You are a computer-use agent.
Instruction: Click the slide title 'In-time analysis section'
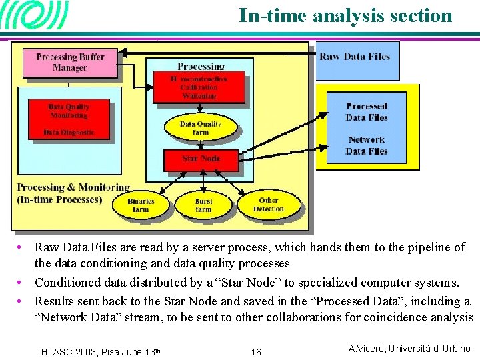[x=345, y=15]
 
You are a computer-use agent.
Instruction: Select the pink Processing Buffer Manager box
[x=70, y=62]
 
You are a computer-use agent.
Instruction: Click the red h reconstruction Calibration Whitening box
[x=199, y=87]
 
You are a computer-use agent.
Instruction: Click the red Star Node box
[x=201, y=159]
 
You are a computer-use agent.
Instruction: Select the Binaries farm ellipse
[x=141, y=205]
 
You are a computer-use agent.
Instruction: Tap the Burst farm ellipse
[x=203, y=205]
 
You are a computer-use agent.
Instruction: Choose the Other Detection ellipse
[x=269, y=205]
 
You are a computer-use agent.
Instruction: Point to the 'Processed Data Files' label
[x=367, y=112]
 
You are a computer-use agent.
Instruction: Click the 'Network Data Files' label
[x=367, y=145]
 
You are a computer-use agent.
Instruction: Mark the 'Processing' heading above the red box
[x=201, y=67]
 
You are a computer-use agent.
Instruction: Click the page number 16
[x=256, y=352]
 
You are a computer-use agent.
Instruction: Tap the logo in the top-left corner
[x=35, y=15]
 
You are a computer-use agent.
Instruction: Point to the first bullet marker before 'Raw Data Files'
[x=23, y=247]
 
